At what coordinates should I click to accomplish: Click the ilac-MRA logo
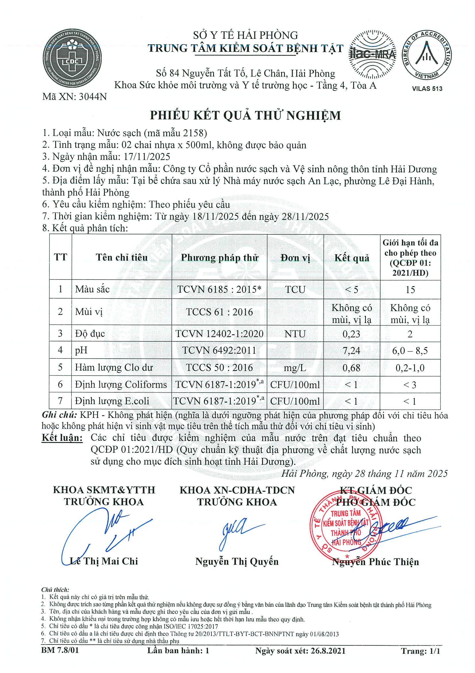coord(372,55)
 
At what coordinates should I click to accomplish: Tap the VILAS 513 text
coord(427,89)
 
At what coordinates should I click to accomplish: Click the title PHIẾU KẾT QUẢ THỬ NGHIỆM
coord(245,116)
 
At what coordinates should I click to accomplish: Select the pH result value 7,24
coord(351,350)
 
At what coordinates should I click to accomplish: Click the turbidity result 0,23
coord(351,334)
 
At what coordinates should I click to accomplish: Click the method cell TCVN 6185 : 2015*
coord(219,289)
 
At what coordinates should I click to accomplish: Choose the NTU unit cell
coord(295,334)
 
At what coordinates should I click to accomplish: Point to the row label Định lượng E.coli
coord(112,401)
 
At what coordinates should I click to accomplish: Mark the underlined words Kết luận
coord(62,438)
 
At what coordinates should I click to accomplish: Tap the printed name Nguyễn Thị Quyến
coord(237,561)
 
